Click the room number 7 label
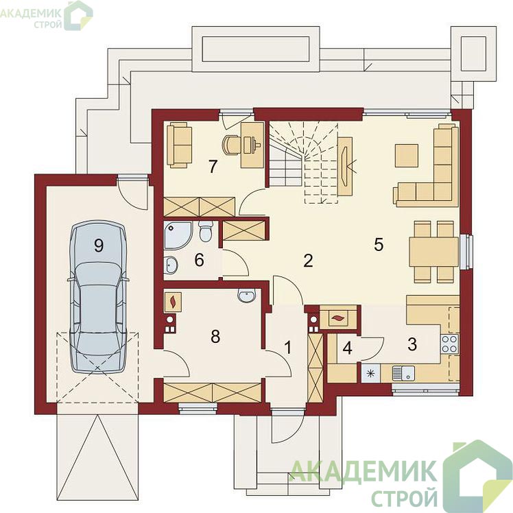tap(213, 166)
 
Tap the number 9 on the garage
tap(99, 245)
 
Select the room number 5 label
tap(379, 244)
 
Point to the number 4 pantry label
tap(348, 348)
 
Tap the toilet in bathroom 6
tap(206, 231)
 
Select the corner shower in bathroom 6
tap(178, 235)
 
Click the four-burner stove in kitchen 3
tap(450, 344)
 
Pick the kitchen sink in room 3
tap(403, 373)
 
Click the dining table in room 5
tap(434, 252)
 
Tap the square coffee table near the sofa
tap(406, 156)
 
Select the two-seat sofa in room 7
tap(179, 145)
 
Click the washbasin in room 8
tap(246, 296)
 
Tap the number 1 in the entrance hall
tap(288, 347)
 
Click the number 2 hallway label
tap(308, 261)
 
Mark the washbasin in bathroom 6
tap(171, 264)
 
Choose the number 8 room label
tap(215, 336)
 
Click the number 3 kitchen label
tap(412, 344)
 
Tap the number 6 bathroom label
tap(199, 260)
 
